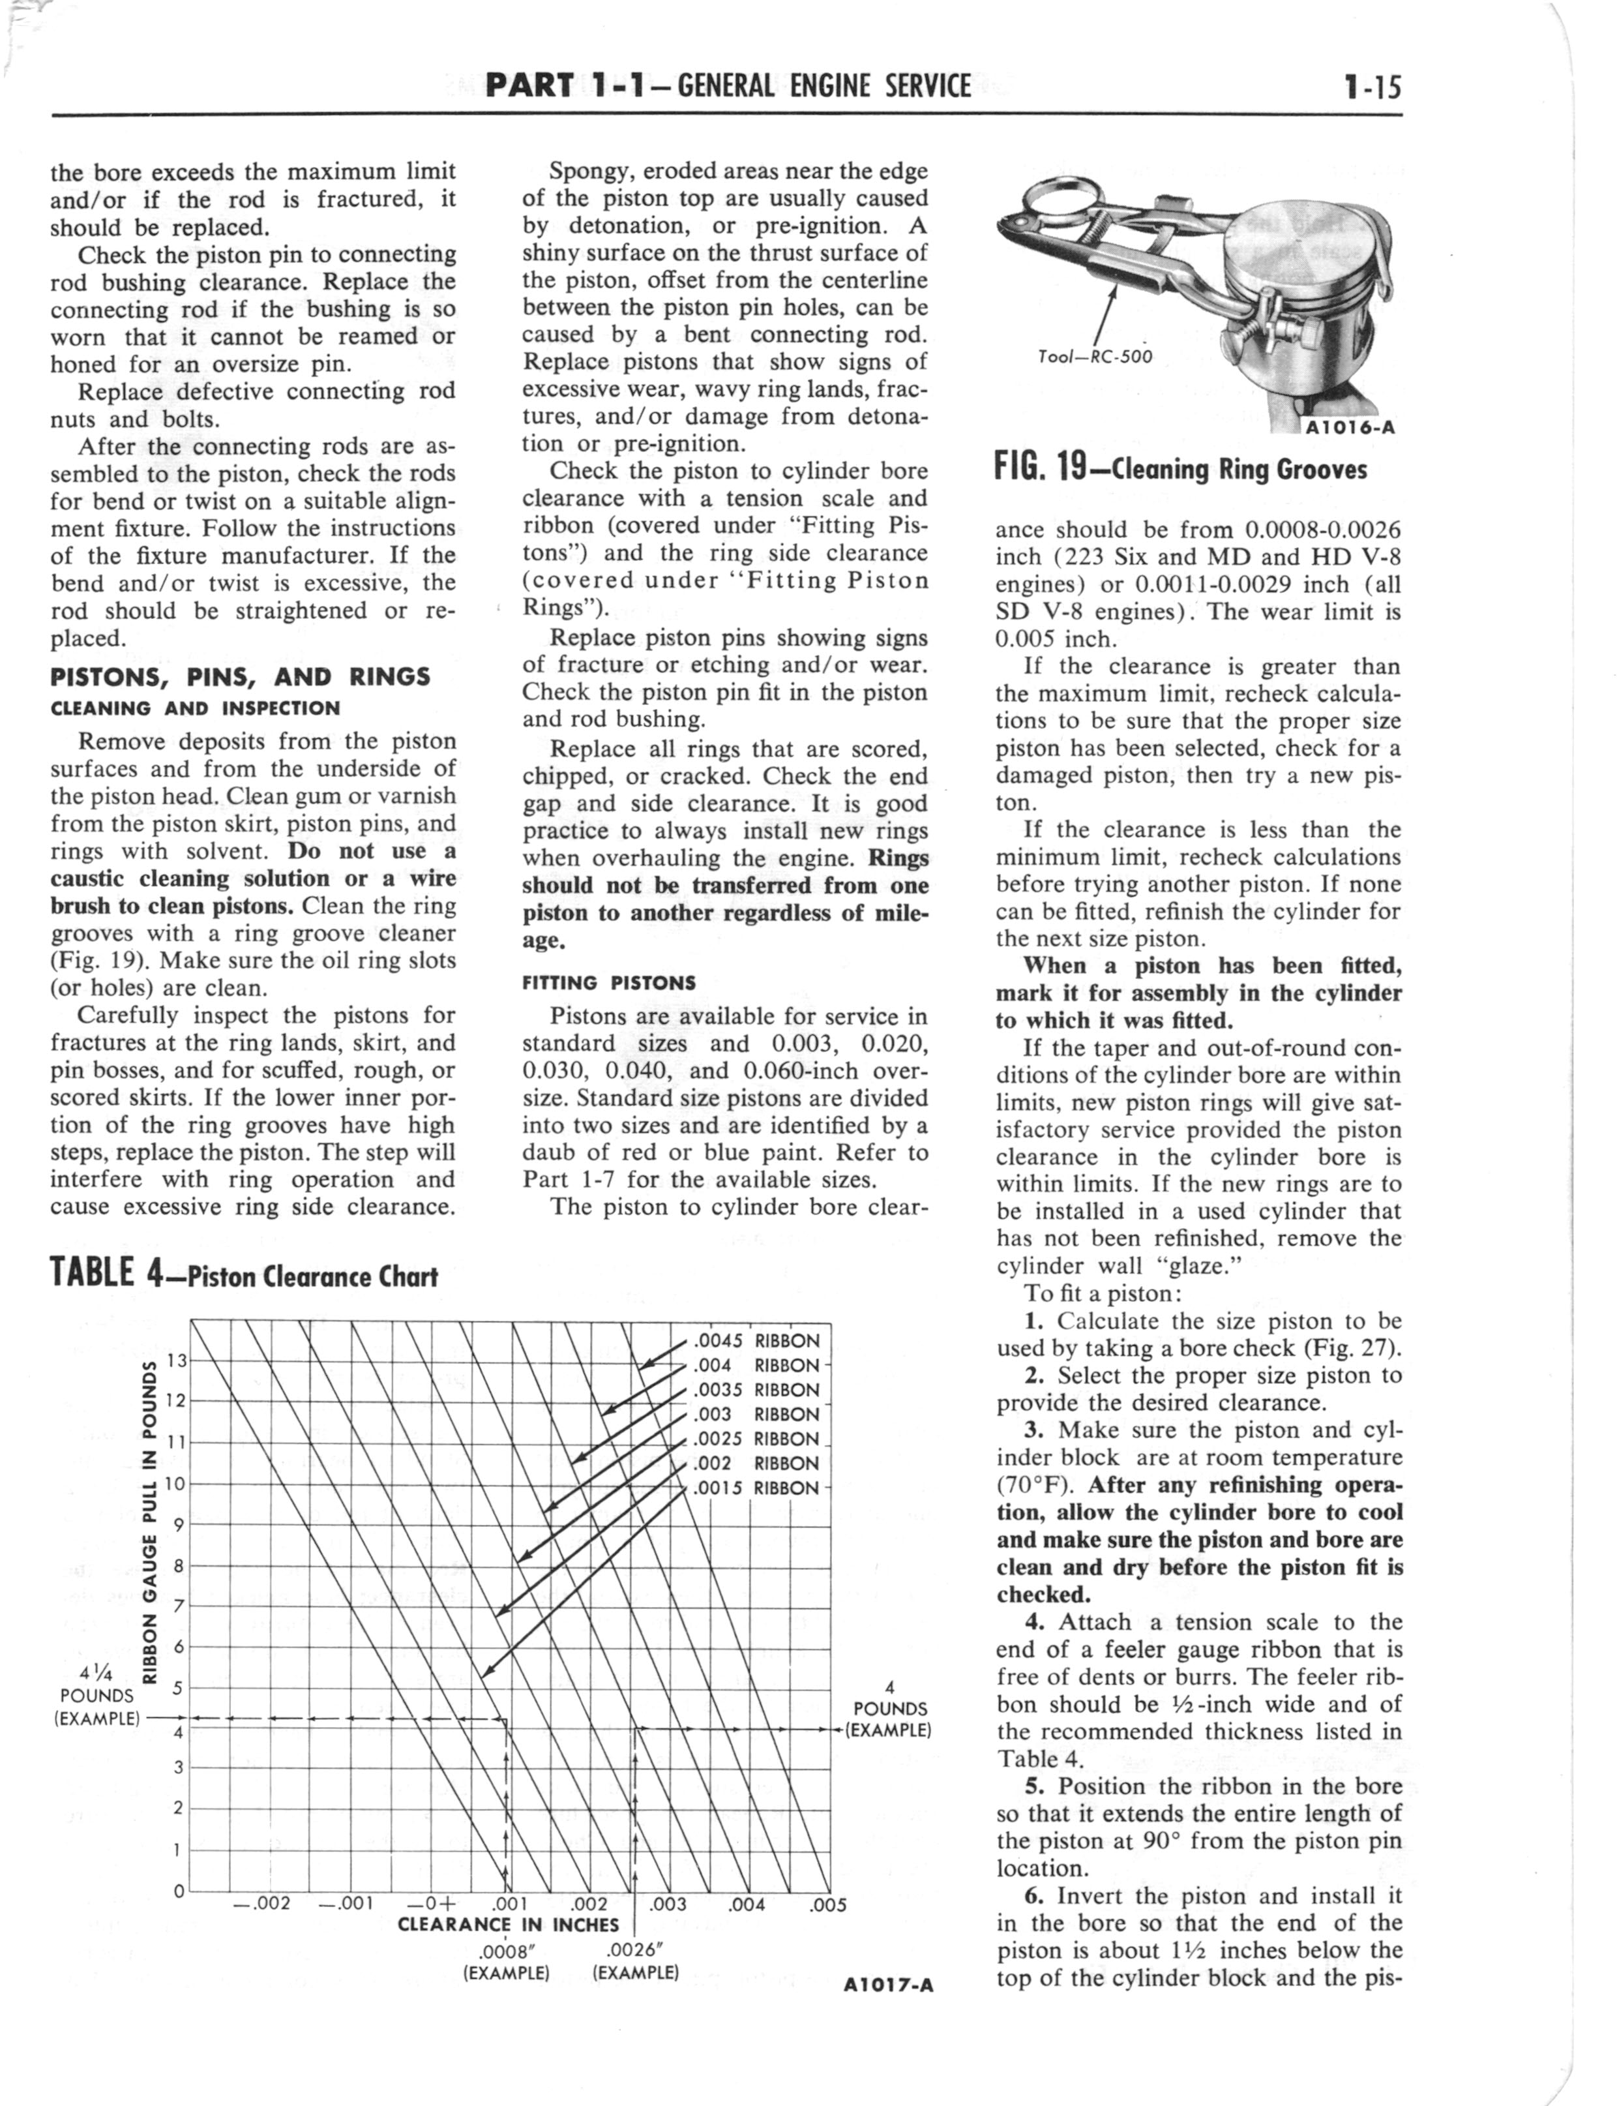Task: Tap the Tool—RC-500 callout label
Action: tap(1094, 356)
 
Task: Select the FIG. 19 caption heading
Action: tap(1180, 469)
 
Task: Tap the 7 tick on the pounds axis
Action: tap(178, 1606)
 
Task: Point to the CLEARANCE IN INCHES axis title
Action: tap(508, 1925)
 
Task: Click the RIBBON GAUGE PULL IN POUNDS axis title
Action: tap(150, 1522)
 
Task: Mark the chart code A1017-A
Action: tap(887, 1985)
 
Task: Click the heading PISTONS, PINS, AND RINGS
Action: tap(240, 676)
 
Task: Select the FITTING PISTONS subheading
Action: tap(608, 983)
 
